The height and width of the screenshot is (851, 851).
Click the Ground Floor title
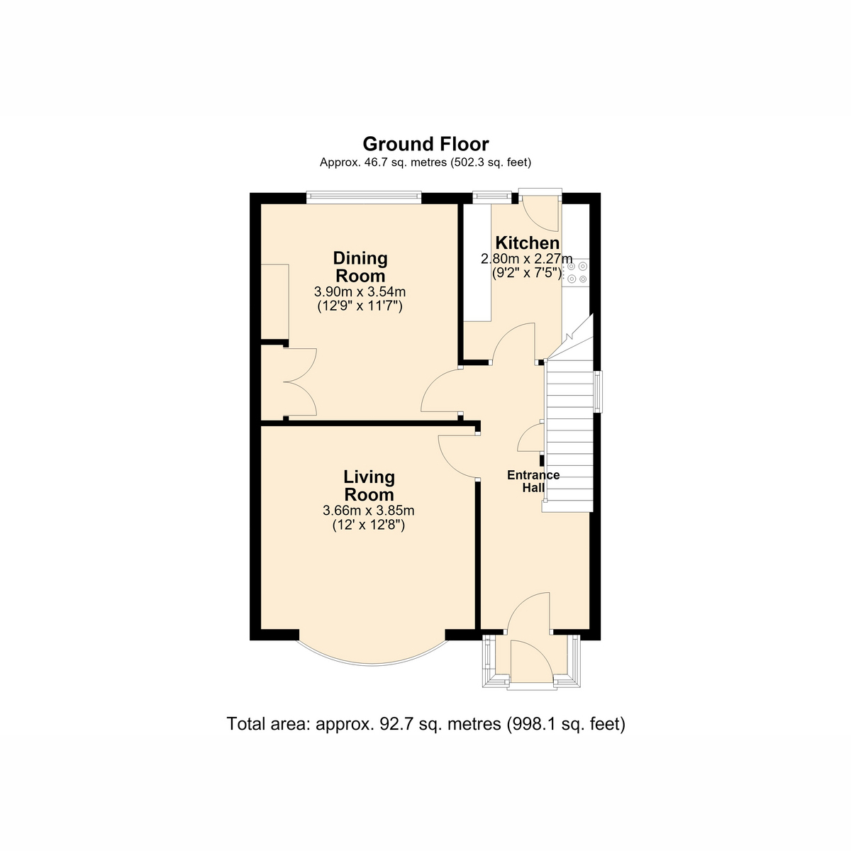425,145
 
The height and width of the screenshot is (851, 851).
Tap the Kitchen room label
528,243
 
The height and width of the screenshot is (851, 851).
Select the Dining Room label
360,267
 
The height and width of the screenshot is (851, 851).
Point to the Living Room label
369,486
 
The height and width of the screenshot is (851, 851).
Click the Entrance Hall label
533,482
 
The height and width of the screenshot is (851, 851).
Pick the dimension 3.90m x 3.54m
360,292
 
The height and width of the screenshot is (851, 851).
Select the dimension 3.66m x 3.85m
369,511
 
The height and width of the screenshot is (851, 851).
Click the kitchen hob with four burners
576,272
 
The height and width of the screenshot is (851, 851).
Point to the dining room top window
364,197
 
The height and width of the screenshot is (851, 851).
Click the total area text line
426,737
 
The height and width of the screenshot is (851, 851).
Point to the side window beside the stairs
598,392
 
